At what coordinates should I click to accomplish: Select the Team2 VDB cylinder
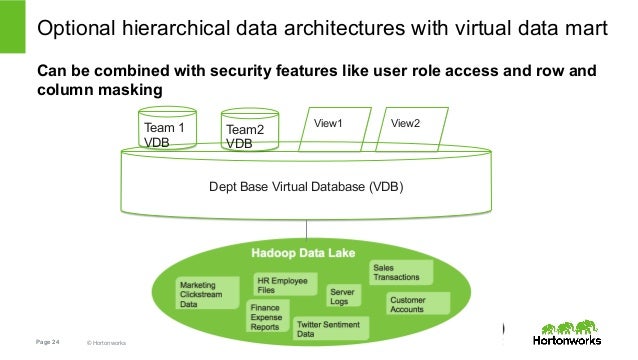coord(248,132)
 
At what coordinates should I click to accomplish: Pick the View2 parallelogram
coord(406,128)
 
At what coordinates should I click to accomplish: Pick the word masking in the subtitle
coord(134,90)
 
